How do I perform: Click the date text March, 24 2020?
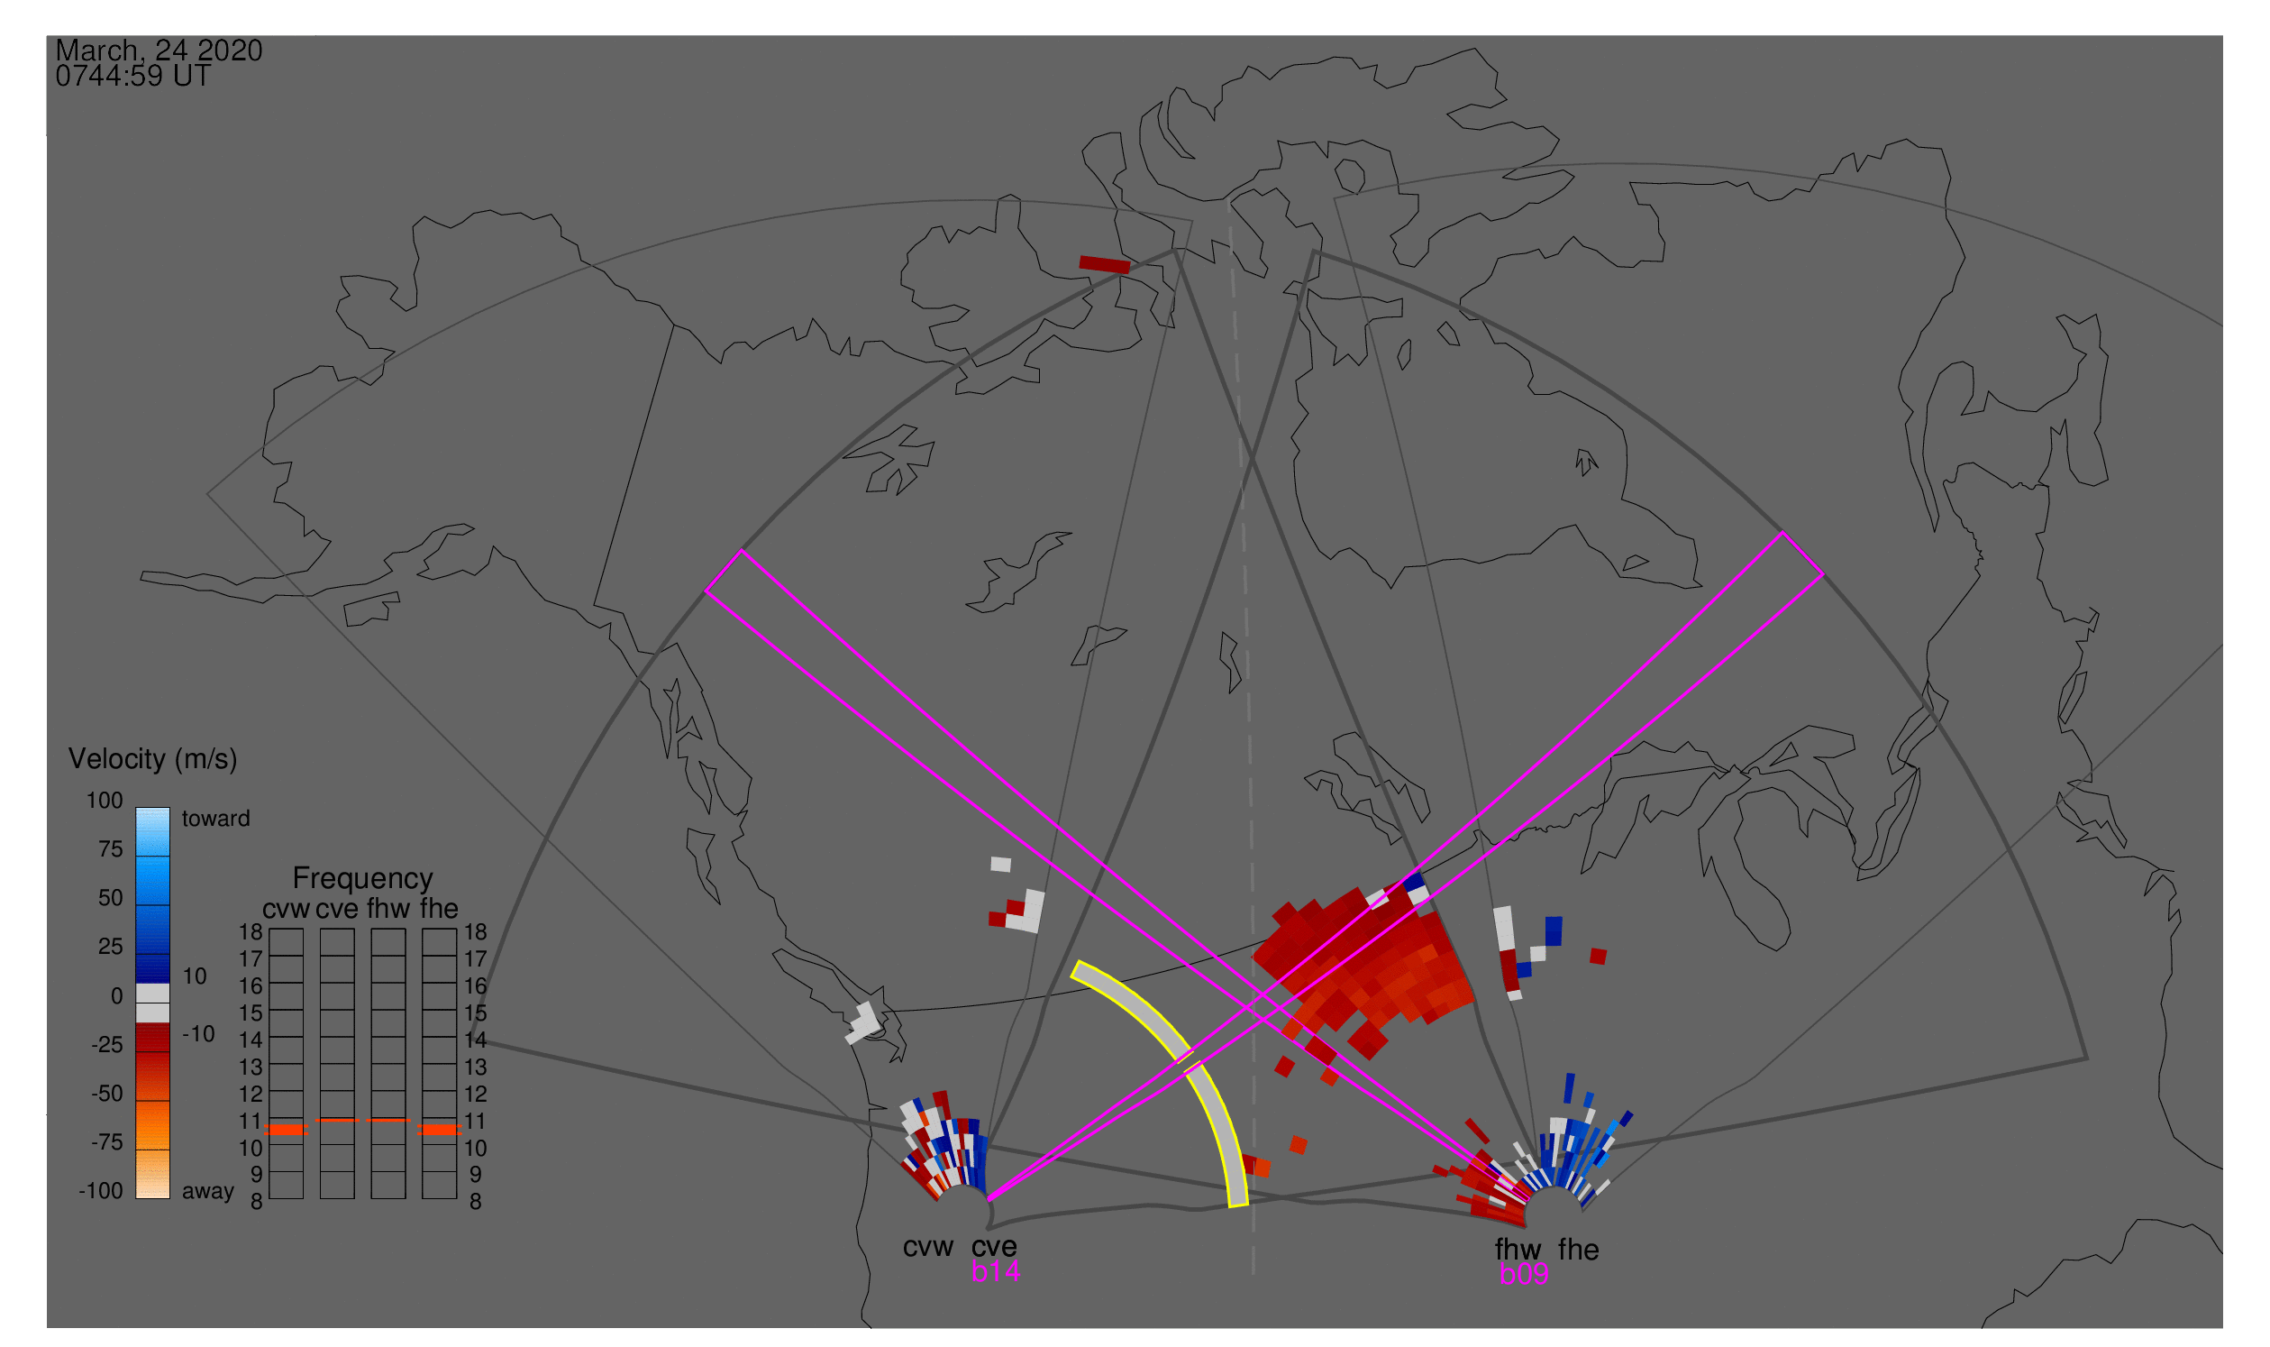[159, 50]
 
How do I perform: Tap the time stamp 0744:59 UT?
[133, 77]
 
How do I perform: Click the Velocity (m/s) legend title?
[152, 760]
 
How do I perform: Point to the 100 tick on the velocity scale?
[105, 801]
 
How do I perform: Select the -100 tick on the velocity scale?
[101, 1191]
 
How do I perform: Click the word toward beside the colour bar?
[216, 819]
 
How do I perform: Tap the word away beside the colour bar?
[208, 1192]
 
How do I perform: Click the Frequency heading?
[363, 879]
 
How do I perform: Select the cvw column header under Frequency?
[286, 910]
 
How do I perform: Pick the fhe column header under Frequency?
[439, 910]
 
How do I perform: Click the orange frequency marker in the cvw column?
[287, 1130]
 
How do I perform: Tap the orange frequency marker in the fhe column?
[439, 1130]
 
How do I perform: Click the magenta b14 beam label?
[995, 1271]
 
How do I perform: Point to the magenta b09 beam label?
[1524, 1274]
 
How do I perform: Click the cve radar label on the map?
[994, 1247]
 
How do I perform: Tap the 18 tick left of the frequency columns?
[251, 932]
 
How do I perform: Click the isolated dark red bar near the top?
[1104, 265]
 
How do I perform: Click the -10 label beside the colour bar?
[198, 1034]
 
